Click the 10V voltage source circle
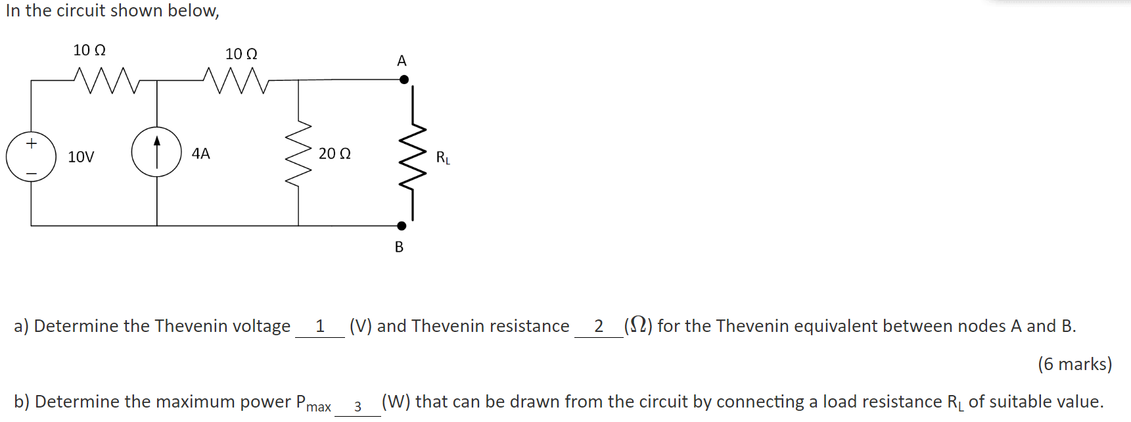pos(31,158)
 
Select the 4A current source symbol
pos(156,152)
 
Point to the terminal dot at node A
pos(404,80)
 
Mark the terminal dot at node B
pos(402,226)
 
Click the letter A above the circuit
pos(402,61)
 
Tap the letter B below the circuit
pos(399,247)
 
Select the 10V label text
pos(81,157)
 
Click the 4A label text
pos(200,154)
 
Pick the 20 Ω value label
pos(335,154)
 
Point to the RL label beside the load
pos(443,158)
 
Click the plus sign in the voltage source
pos(31,143)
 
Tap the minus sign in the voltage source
pos(31,174)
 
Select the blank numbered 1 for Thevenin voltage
pos(320,327)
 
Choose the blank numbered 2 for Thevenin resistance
pos(599,327)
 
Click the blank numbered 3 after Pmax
pos(358,406)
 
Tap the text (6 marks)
pos(1074,364)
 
